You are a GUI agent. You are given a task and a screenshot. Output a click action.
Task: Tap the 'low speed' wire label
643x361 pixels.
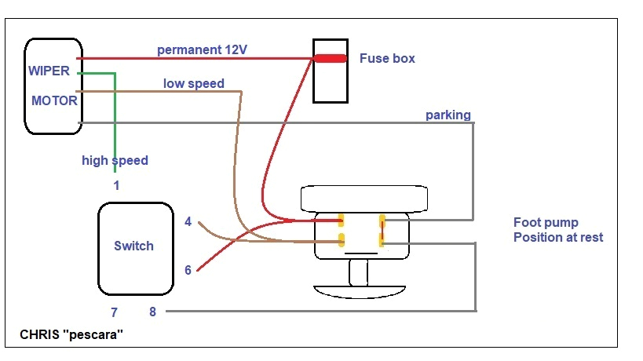194,83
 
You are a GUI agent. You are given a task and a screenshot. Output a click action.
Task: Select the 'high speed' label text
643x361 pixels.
115,160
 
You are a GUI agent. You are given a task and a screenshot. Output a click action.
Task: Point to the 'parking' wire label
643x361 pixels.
448,115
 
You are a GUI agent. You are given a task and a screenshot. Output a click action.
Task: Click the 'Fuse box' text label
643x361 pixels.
387,58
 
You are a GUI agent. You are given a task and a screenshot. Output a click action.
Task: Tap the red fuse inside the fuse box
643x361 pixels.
330,58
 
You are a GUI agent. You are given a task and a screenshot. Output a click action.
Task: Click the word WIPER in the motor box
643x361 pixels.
49,71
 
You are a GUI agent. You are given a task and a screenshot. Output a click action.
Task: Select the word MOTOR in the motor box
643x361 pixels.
54,100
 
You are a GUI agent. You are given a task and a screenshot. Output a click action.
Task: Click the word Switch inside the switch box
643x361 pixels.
133,246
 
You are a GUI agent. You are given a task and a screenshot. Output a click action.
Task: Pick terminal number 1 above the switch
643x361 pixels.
116,186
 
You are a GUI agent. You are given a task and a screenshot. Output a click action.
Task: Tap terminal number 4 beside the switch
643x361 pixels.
188,222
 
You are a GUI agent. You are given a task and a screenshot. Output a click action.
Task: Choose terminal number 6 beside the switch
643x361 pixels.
188,270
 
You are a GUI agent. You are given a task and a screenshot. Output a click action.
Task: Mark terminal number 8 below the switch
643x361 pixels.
152,312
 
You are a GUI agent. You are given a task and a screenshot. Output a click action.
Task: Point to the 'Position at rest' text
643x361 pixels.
558,237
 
